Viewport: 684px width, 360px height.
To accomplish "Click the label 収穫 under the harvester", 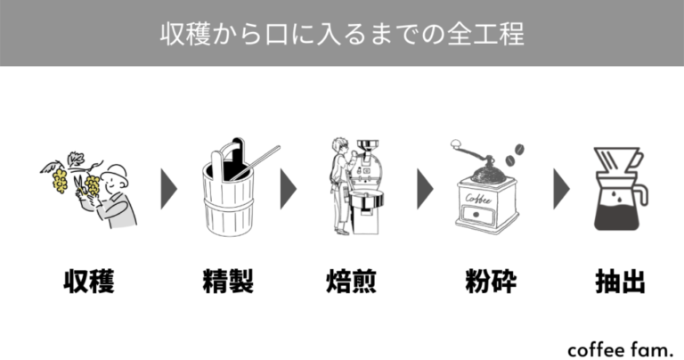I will [89, 282].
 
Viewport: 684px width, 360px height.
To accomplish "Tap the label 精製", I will [228, 282].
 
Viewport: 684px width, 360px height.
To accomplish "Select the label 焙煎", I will [351, 282].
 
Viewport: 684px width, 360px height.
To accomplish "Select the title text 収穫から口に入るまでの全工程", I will [342, 33].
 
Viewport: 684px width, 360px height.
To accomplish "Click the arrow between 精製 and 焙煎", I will [288, 188].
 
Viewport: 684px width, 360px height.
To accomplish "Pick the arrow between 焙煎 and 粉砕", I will [425, 188].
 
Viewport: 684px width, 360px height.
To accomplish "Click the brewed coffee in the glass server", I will [621, 213].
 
